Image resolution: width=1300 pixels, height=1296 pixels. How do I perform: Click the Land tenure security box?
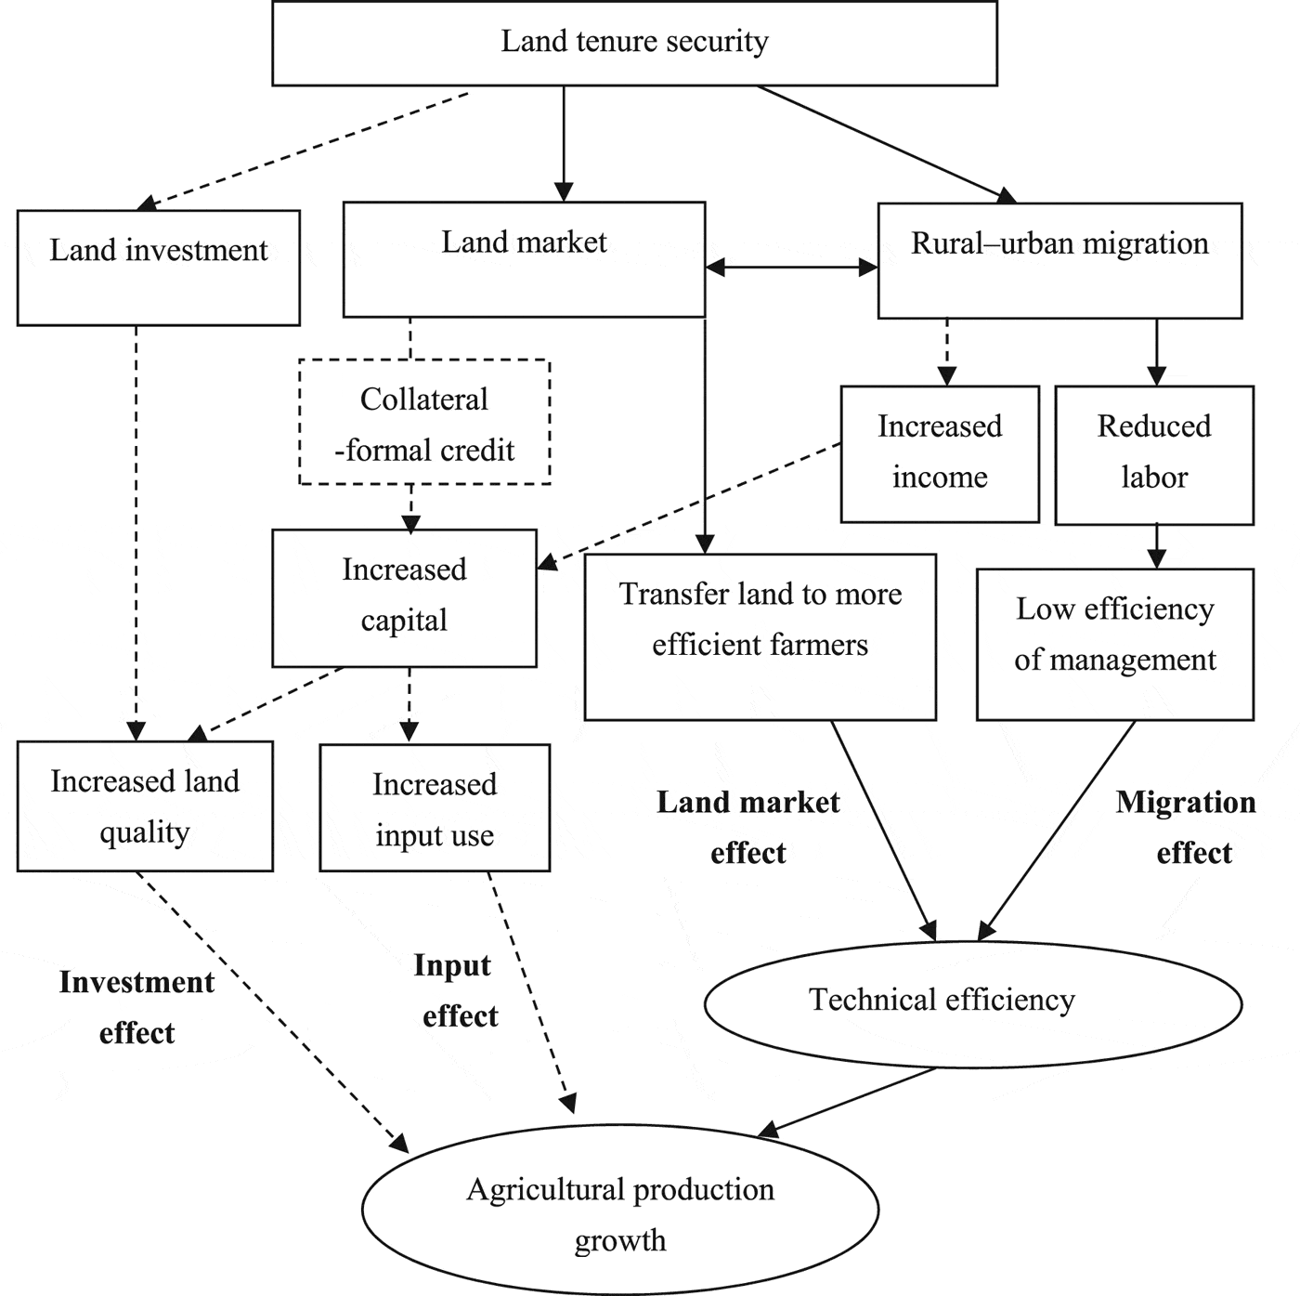point(634,43)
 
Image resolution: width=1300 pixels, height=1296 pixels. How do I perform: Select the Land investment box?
point(158,268)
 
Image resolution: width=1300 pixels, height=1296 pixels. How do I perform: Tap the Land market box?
point(524,260)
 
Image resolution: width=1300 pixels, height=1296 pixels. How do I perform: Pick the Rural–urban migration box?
point(1059,261)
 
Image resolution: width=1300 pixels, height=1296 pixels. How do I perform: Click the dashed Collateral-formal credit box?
point(424,423)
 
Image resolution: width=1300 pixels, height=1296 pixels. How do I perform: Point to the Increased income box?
point(940,453)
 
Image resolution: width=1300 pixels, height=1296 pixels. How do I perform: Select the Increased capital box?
point(404,597)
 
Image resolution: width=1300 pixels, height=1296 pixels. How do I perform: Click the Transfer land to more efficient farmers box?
point(760,636)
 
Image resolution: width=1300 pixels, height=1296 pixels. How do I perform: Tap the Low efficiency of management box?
point(1114,644)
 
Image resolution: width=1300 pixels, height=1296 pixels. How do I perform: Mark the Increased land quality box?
point(145,806)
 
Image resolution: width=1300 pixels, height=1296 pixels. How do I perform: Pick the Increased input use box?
point(435,808)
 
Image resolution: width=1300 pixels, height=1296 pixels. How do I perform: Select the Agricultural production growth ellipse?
point(619,1210)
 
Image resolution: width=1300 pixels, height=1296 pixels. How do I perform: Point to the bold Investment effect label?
point(136,1007)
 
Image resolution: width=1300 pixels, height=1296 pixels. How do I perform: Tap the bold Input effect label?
point(455,990)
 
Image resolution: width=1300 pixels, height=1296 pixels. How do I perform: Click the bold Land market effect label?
point(747,827)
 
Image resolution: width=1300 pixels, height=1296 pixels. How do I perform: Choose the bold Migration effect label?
point(1187,827)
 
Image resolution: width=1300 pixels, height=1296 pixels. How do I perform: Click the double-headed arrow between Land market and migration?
point(791,268)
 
